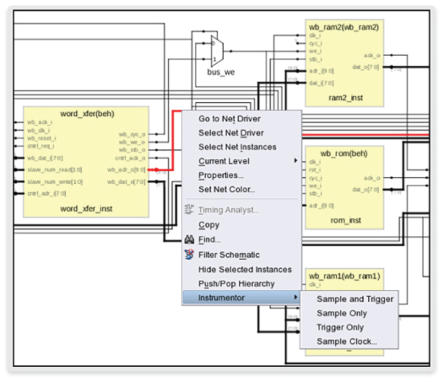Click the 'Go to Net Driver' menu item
(x=229, y=119)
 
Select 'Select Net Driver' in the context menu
(x=231, y=133)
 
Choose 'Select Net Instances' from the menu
(x=237, y=147)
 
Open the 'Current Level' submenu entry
(x=224, y=161)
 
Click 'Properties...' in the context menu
(x=221, y=175)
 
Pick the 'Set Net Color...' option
(x=227, y=189)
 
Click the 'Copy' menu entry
(x=209, y=225)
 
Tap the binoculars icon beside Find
(x=189, y=240)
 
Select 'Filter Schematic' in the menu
(x=229, y=255)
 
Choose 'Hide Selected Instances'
(x=245, y=269)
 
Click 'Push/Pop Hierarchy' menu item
(x=236, y=283)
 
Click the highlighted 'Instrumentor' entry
(x=221, y=297)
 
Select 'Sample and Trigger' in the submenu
(x=355, y=299)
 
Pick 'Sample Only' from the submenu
(x=342, y=313)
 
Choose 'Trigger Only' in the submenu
(x=340, y=327)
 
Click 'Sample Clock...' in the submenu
(x=347, y=341)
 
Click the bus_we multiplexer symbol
(x=216, y=51)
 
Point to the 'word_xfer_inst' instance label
(x=86, y=209)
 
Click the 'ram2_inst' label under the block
(x=345, y=98)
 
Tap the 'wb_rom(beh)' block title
(x=344, y=153)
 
